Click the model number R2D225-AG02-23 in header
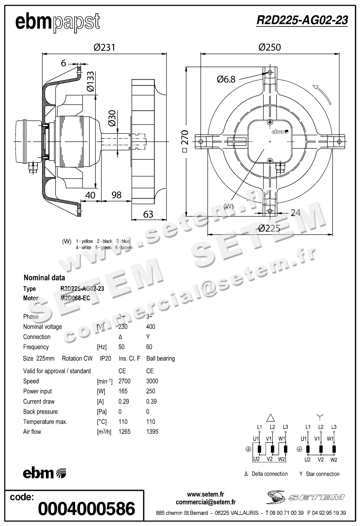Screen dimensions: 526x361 302,20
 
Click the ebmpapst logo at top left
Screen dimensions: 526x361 58,22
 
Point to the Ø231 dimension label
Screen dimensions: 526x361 104,47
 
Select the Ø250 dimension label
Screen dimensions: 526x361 270,47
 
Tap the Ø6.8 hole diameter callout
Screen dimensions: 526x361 226,79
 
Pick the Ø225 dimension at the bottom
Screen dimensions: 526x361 269,228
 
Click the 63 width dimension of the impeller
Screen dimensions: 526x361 148,214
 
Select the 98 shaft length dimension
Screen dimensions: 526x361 116,195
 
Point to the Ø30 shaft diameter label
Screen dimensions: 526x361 112,118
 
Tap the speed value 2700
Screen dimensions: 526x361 124,381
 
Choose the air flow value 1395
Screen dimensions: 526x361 152,432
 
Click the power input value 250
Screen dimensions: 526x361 151,391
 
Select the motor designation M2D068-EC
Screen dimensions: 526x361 75,298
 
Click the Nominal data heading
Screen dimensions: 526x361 44,278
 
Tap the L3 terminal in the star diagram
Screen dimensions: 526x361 334,427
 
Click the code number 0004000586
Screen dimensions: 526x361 87,509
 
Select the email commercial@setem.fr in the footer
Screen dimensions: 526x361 206,502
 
